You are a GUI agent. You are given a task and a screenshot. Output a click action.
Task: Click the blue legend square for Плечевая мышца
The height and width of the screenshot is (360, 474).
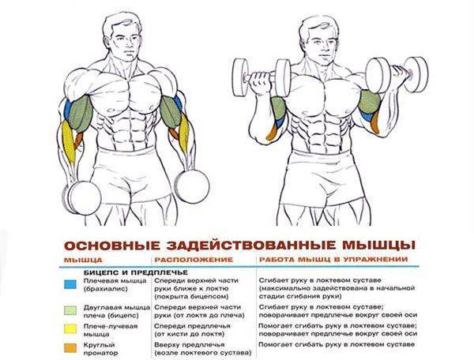[x=70, y=284]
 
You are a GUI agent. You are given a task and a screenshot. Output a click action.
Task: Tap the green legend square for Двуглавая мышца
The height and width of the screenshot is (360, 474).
[x=70, y=311]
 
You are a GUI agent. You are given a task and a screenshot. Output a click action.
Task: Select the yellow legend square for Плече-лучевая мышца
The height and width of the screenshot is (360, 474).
[x=70, y=329]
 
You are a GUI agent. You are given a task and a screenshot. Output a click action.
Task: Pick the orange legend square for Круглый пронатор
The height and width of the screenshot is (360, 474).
[x=70, y=347]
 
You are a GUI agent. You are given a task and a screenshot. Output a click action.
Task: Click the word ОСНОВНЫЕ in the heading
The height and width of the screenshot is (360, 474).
[x=112, y=246]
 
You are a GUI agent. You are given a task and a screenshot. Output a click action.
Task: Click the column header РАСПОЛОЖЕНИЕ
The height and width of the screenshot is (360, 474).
[x=194, y=260]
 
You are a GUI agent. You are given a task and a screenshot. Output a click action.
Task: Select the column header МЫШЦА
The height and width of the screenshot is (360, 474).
[x=83, y=260]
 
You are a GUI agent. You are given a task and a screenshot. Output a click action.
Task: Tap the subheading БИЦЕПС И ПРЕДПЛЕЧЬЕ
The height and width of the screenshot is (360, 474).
[x=136, y=272]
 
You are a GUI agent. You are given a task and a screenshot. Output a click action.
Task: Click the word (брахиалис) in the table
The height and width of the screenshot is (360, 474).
[x=106, y=289]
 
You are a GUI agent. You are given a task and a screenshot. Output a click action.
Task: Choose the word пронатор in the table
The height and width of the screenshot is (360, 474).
[x=100, y=353]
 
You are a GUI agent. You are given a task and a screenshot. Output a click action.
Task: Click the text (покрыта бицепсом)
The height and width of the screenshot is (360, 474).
[x=191, y=297]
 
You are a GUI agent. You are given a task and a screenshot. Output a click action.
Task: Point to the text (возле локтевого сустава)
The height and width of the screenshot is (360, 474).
[x=203, y=353]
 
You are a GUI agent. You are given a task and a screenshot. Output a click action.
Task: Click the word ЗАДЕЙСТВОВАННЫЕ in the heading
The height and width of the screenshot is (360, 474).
[x=251, y=246]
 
